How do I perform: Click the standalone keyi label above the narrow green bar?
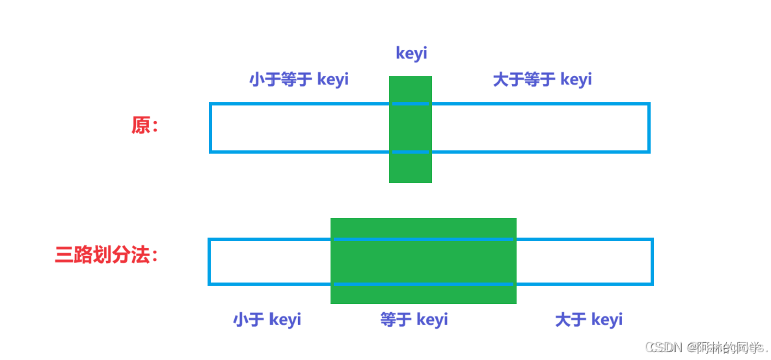(x=411, y=53)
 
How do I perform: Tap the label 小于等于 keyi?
(x=299, y=79)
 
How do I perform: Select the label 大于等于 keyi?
(x=542, y=79)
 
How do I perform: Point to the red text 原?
(x=145, y=126)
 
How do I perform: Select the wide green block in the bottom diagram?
(x=423, y=260)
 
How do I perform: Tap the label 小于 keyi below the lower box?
(x=267, y=320)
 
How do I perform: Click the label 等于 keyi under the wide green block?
(x=414, y=320)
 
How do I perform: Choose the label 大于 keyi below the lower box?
(x=588, y=320)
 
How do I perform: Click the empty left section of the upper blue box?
(x=299, y=128)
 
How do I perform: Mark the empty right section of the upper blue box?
(x=540, y=128)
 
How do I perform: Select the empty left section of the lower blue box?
(x=269, y=261)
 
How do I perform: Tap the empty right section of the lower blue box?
(x=584, y=261)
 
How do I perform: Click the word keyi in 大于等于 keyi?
(x=576, y=79)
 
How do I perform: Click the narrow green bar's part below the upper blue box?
(x=411, y=168)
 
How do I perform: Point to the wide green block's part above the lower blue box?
(x=423, y=228)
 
